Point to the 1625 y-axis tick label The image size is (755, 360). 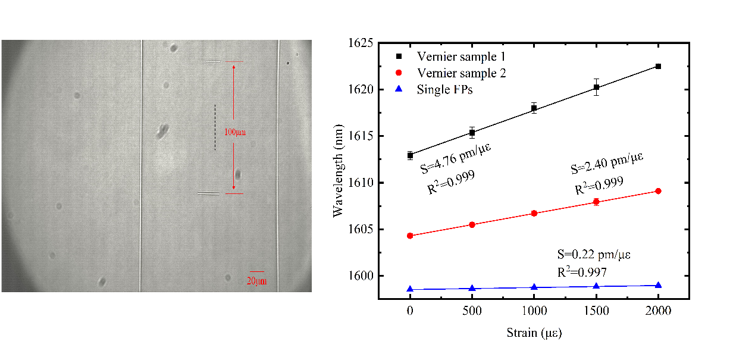coord(360,43)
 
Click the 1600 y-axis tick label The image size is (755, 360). coord(360,276)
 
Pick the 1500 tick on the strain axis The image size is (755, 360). coord(596,311)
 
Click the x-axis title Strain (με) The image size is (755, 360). coord(534,333)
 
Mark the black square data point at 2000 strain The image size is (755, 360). coord(658,66)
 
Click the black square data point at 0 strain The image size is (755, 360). coord(410,155)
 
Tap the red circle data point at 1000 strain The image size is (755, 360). coord(534,213)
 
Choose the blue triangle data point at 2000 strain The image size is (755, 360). coord(658,285)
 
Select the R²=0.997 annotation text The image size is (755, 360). coord(582,272)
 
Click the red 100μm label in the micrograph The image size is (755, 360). coord(234,132)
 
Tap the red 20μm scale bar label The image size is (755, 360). coord(256,281)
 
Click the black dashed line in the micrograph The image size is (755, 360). coord(215,127)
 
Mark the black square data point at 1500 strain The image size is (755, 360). coord(596,87)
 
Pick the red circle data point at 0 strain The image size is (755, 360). coord(410,236)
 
